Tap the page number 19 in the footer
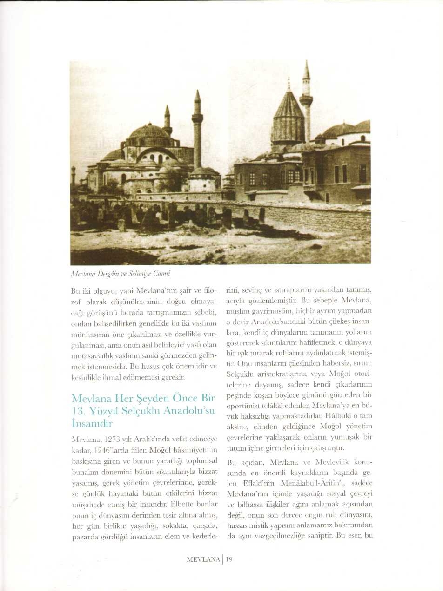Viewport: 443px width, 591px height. point(229,559)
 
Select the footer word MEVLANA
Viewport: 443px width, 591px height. point(203,559)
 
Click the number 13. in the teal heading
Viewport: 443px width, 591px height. point(79,411)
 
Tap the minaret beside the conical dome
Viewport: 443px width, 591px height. point(306,102)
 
